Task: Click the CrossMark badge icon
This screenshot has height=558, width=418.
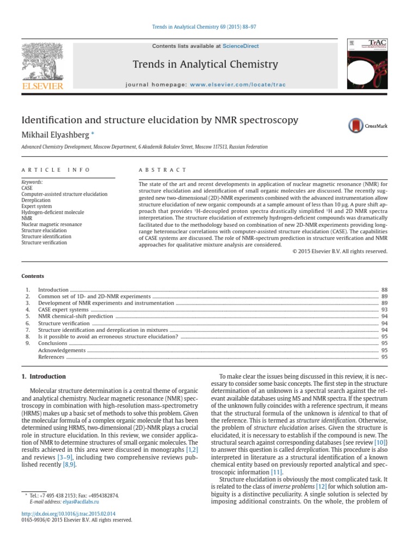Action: pyautogui.click(x=356, y=126)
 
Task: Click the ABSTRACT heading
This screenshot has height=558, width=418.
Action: pyautogui.click(x=163, y=170)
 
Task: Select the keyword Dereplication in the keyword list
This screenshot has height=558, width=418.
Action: pyautogui.click(x=37, y=200)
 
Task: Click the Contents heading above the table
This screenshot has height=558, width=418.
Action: pyautogui.click(x=33, y=276)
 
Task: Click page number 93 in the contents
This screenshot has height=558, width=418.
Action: pyautogui.click(x=384, y=310)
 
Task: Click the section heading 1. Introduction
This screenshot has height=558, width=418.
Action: pyautogui.click(x=44, y=377)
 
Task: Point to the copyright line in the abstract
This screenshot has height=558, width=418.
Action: pyautogui.click(x=340, y=251)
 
